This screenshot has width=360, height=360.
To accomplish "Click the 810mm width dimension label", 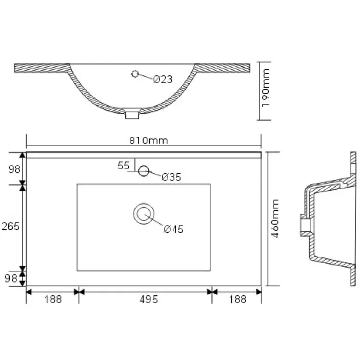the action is coord(148,141).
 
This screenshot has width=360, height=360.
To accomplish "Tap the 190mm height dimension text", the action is coord(266,88).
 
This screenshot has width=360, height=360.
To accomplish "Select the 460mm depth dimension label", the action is coord(274,218).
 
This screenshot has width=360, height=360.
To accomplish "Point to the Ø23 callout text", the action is coord(163,79).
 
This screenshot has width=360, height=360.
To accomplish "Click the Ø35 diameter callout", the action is coord(171,177).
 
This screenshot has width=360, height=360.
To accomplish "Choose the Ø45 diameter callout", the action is coord(173,229).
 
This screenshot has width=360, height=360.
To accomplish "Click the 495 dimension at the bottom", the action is coord(149,299).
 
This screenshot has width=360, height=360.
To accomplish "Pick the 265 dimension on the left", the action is coord(11,226).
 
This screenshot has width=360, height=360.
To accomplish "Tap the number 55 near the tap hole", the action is coord(124,166).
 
